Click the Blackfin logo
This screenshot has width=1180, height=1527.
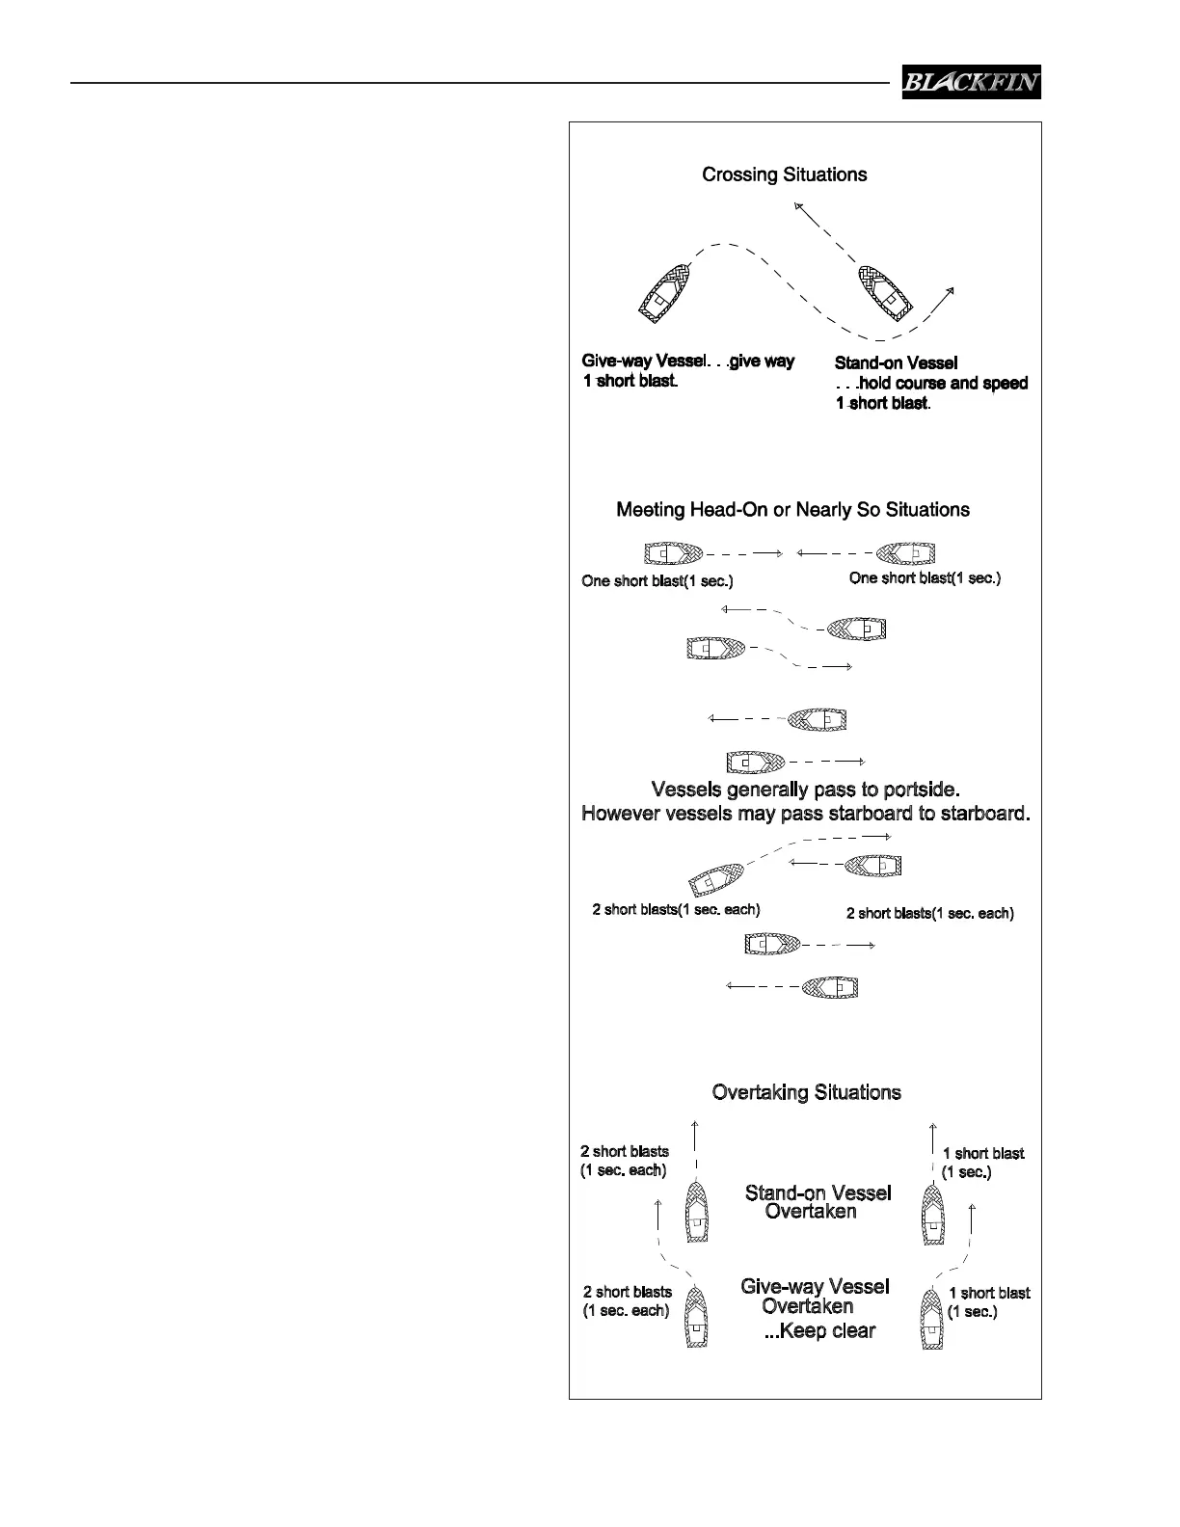tap(971, 82)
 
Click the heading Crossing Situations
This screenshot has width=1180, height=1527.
tap(784, 174)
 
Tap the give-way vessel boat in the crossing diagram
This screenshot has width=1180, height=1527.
tap(665, 291)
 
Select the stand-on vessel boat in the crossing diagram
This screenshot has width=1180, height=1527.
tap(885, 292)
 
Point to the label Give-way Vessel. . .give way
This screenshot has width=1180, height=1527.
tap(687, 362)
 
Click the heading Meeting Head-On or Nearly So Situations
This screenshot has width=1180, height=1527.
tap(792, 509)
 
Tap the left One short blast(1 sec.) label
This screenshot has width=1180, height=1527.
tap(657, 581)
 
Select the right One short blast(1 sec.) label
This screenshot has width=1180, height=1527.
tap(925, 578)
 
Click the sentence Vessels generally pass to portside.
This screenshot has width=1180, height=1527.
tap(804, 790)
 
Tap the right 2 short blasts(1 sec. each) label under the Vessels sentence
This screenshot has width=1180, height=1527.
tap(929, 913)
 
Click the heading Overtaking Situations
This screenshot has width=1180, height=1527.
tap(806, 1092)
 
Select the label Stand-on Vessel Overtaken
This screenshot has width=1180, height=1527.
tap(818, 1202)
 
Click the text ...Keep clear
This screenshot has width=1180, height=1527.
tap(819, 1331)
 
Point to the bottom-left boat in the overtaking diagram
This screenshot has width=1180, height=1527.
tap(696, 1318)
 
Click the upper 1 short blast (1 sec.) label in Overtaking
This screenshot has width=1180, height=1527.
tap(982, 1163)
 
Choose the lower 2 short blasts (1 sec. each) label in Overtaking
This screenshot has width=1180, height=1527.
tap(627, 1301)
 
